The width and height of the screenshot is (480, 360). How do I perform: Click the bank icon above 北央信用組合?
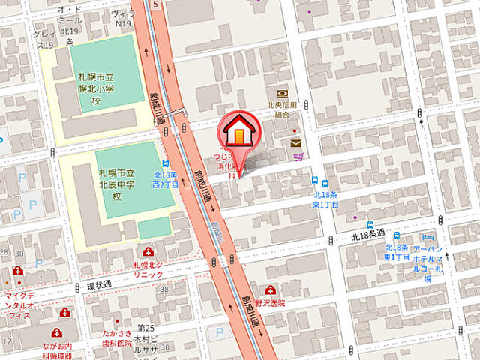[282, 93]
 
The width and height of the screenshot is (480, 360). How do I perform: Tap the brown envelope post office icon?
[295, 142]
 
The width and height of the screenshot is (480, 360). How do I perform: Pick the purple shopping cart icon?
[298, 157]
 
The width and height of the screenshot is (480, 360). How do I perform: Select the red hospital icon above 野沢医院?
[271, 289]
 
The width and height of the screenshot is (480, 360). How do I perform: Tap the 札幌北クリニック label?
[147, 270]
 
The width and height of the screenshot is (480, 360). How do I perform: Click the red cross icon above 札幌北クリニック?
[147, 252]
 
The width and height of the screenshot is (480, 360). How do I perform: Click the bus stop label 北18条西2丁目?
[166, 178]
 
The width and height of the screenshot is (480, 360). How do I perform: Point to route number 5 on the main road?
[154, 4]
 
